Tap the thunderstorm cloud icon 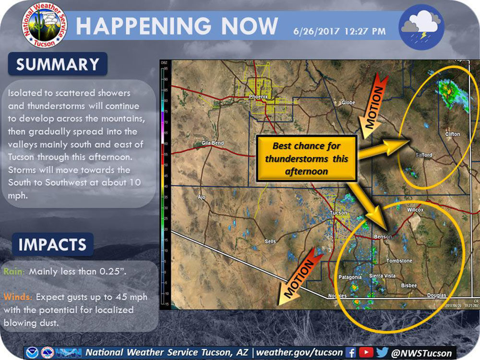pyautogui.click(x=421, y=26)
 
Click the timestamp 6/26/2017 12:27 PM pyautogui.click(x=339, y=32)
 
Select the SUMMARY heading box pyautogui.click(x=58, y=64)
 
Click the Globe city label pyautogui.click(x=348, y=103)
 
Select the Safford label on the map pyautogui.click(x=424, y=155)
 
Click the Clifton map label pyautogui.click(x=452, y=134)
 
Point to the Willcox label pyautogui.click(x=415, y=210)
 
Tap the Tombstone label pyautogui.click(x=399, y=261)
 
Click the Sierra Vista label pyautogui.click(x=382, y=276)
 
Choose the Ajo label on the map pyautogui.click(x=201, y=197)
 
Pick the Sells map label pyautogui.click(x=270, y=241)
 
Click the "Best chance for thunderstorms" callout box pyautogui.click(x=307, y=158)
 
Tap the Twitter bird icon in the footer pyautogui.click(x=383, y=352)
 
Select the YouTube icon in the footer pyautogui.click(x=366, y=352)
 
